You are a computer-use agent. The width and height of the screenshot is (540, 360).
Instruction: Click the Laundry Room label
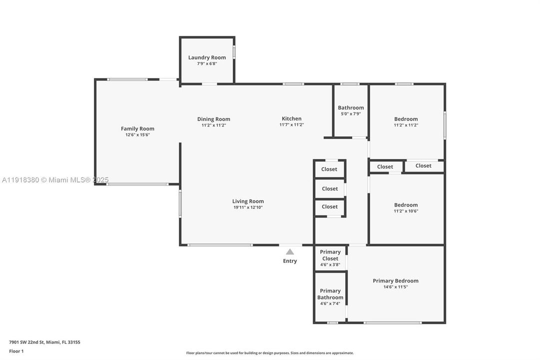pyautogui.click(x=207, y=57)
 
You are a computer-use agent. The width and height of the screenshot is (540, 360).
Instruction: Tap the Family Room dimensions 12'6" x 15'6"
pyautogui.click(x=137, y=135)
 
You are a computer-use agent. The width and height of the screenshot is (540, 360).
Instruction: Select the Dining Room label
pyautogui.click(x=213, y=119)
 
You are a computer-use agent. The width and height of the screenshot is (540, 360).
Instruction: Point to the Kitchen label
pyautogui.click(x=291, y=118)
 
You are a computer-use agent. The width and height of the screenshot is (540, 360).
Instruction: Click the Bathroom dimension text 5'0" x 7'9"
pyautogui.click(x=351, y=114)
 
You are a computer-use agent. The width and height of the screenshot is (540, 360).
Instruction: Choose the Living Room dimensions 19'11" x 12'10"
pyautogui.click(x=248, y=207)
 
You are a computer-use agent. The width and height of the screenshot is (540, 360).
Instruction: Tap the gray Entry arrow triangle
pyautogui.click(x=290, y=251)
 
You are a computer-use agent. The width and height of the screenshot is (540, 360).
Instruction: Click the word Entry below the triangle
pyautogui.click(x=290, y=261)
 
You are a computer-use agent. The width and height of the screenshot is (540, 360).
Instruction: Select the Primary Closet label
pyautogui.click(x=330, y=255)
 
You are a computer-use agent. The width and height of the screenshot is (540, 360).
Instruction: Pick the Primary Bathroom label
pyautogui.click(x=330, y=294)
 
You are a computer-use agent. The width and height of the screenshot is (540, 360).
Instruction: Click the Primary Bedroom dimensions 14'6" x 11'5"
pyautogui.click(x=396, y=287)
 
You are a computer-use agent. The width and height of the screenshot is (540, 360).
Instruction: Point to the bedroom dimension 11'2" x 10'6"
pyautogui.click(x=406, y=211)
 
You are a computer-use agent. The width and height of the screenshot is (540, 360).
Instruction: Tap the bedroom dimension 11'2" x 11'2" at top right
pyautogui.click(x=406, y=125)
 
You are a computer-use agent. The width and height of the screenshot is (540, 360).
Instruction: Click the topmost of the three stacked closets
pyautogui.click(x=329, y=169)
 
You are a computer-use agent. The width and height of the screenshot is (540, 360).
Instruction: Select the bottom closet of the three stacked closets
pyautogui.click(x=329, y=206)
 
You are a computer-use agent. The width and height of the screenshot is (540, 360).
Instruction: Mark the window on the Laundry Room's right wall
pyautogui.click(x=234, y=52)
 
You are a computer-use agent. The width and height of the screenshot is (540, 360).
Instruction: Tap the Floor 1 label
pyautogui.click(x=16, y=351)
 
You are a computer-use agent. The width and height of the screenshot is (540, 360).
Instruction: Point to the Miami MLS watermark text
pyautogui.click(x=55, y=180)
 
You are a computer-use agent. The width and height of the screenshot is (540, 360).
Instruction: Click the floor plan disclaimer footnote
pyautogui.click(x=270, y=353)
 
